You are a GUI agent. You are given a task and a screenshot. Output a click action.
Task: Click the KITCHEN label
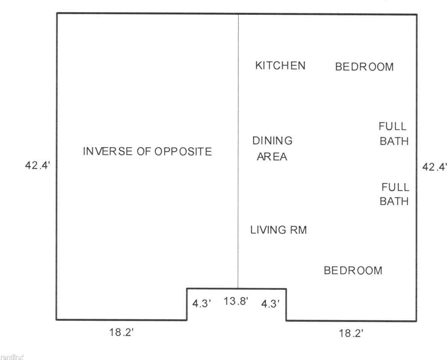[x=280, y=66]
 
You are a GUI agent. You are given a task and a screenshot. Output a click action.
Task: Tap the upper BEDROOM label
[x=364, y=67]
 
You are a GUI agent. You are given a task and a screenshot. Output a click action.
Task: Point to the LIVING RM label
[x=278, y=230]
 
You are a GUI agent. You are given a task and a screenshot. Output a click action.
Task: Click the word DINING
[x=272, y=141]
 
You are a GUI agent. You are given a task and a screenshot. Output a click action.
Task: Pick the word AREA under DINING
[x=272, y=157]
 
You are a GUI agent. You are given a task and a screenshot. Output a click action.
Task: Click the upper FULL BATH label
[x=394, y=133]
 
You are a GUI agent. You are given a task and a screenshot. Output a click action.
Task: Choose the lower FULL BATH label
[x=394, y=194]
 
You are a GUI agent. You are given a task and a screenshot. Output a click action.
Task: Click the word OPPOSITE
[x=183, y=151]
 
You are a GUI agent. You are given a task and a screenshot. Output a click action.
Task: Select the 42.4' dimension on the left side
[x=38, y=165]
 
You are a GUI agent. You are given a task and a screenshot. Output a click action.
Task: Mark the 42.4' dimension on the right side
[x=435, y=167]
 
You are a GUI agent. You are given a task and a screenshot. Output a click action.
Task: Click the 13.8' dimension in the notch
[x=236, y=301]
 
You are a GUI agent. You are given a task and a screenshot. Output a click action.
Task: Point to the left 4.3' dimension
[x=202, y=304]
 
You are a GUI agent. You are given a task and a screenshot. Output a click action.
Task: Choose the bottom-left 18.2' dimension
[x=122, y=332]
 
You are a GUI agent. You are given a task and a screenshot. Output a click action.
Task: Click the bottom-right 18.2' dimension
[x=351, y=333]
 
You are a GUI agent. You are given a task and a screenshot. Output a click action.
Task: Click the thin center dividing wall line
[x=238, y=151]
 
